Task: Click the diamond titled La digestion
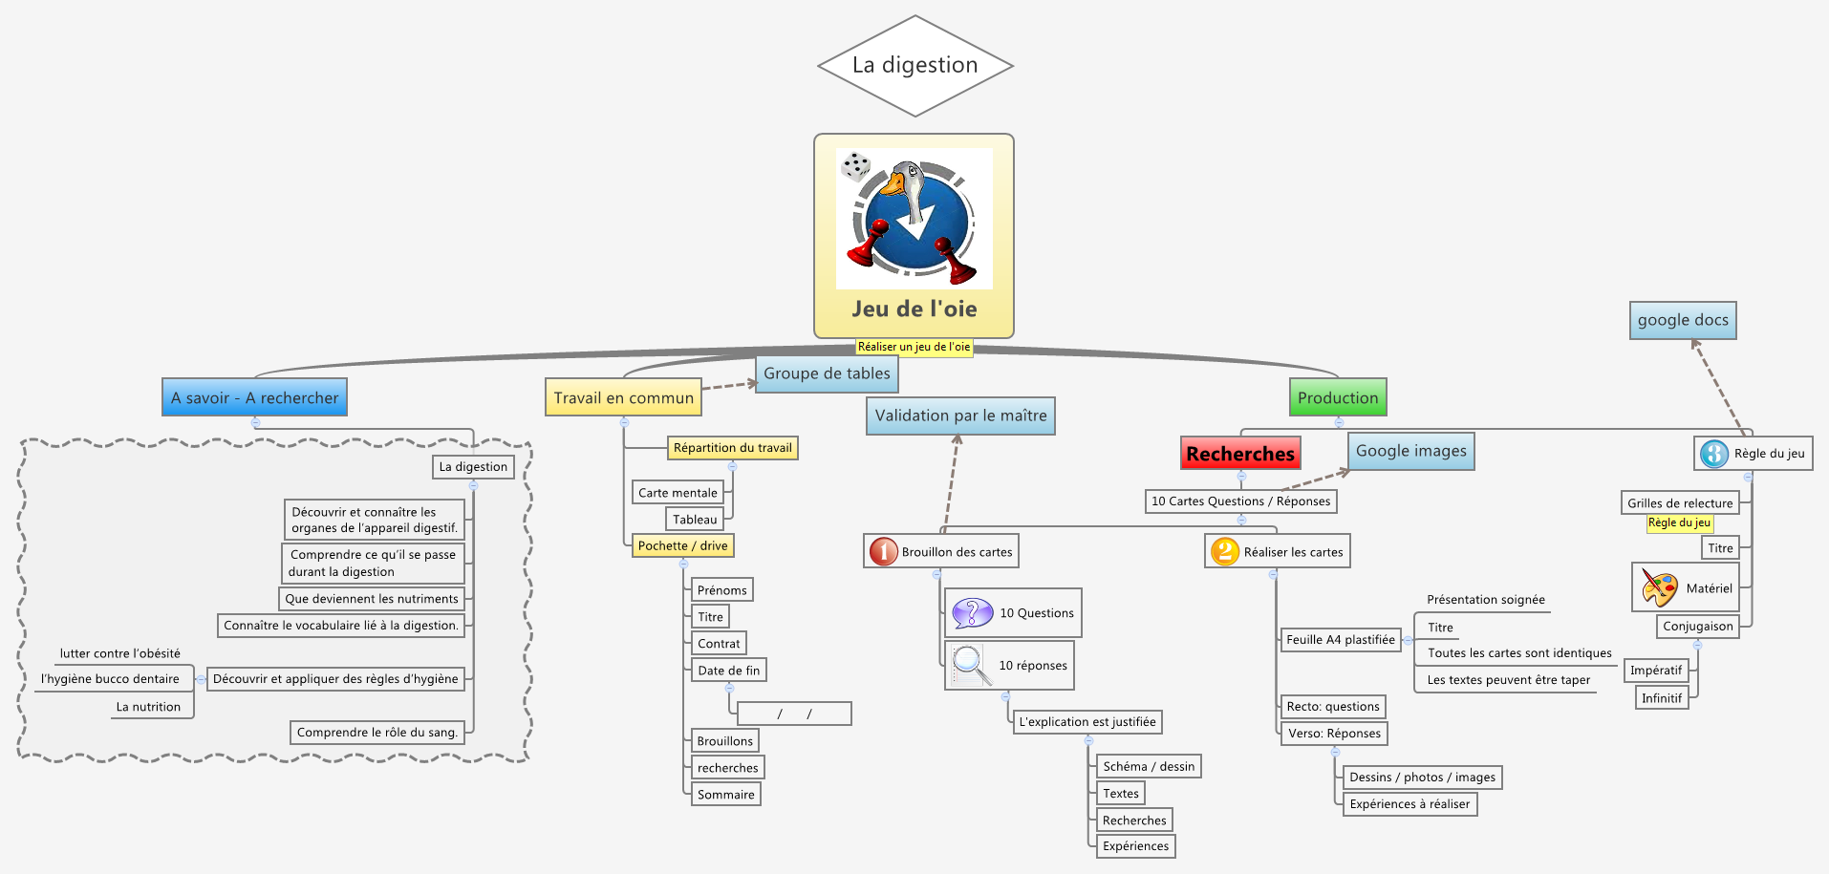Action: tap(914, 66)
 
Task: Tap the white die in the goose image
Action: tap(855, 167)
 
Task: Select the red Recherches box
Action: tap(1240, 454)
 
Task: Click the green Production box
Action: tap(1338, 397)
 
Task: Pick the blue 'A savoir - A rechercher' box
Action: tap(254, 397)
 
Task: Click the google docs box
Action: tap(1683, 320)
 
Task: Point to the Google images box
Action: tap(1410, 451)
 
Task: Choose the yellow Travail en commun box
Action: tap(623, 397)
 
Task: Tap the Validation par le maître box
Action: tap(960, 416)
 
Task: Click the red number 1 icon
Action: tap(883, 551)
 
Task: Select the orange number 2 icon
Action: tap(1224, 551)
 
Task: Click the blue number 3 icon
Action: tap(1713, 454)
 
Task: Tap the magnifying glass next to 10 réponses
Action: tap(970, 665)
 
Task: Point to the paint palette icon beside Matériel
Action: tap(1659, 587)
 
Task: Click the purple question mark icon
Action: tap(973, 612)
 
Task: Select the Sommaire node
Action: tap(725, 795)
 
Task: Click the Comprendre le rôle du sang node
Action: tap(377, 733)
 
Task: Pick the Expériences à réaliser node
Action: tap(1409, 804)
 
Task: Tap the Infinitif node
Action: tap(1661, 698)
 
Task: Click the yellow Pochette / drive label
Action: tap(682, 545)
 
